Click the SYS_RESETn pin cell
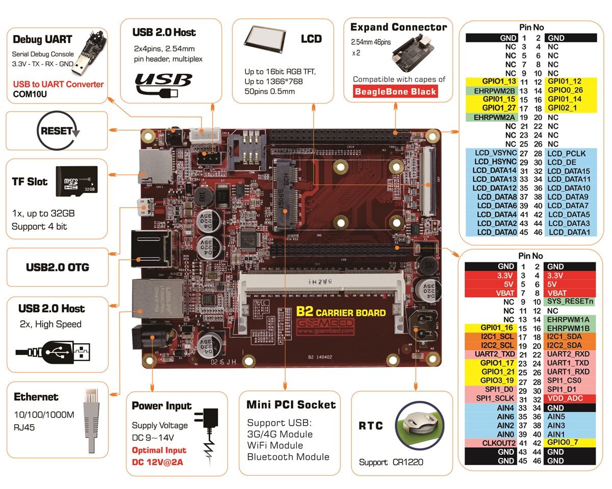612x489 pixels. click(x=570, y=302)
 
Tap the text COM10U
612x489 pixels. click(x=30, y=94)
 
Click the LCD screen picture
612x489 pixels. click(x=263, y=39)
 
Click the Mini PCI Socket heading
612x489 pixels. click(x=291, y=405)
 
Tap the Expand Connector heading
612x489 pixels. click(x=398, y=27)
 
